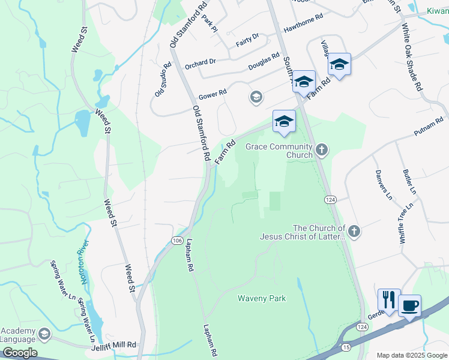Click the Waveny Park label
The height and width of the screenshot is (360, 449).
pos(262,298)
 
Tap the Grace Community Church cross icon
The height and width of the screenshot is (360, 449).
pos(322,149)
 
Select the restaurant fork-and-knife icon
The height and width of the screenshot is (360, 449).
pos(388,299)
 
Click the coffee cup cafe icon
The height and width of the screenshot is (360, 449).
pos(409,305)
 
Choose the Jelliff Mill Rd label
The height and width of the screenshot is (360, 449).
pos(115,346)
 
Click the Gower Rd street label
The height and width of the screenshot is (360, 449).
pos(213,93)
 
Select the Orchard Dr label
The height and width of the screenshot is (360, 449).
pos(200,62)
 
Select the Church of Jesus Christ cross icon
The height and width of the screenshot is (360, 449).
pos(354,231)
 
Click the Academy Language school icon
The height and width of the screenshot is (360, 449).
pos(44,333)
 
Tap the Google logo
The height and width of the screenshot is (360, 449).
pos(20,353)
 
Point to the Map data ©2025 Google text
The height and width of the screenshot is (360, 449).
pos(411,355)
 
